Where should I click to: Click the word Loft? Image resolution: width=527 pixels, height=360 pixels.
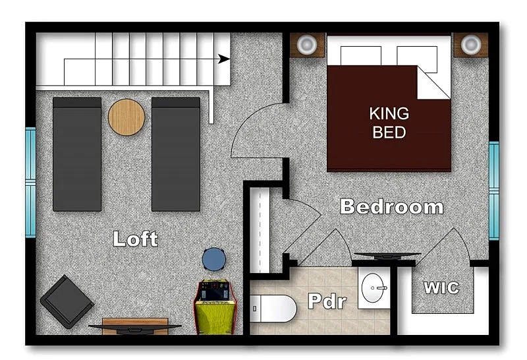[x=135, y=239]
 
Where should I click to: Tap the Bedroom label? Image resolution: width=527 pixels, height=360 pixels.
[x=391, y=206]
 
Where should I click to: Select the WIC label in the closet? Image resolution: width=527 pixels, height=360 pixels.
[x=441, y=287]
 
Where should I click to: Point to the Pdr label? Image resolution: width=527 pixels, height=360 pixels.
[x=327, y=301]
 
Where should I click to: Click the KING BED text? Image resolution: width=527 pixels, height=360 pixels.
[x=389, y=123]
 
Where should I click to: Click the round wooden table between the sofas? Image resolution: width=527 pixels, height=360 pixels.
[x=126, y=117]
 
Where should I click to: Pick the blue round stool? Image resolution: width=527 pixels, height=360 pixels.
[x=213, y=259]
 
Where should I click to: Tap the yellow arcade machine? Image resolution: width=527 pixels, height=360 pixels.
[x=215, y=307]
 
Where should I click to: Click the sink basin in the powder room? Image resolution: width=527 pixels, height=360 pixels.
[x=374, y=287]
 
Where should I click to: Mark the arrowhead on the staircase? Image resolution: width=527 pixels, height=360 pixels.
[x=224, y=59]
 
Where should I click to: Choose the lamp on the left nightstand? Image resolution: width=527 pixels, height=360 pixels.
[x=307, y=44]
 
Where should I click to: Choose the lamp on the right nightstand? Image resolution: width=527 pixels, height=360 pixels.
[x=470, y=44]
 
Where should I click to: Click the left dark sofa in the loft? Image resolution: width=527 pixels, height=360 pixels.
[x=77, y=154]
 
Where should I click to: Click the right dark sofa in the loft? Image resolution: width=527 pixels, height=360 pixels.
[x=176, y=154]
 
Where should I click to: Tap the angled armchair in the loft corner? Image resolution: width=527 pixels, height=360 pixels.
[x=67, y=302]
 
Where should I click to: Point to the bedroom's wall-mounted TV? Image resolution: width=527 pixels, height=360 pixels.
[x=387, y=256]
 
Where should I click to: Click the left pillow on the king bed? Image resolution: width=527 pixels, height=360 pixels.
[x=360, y=56]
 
